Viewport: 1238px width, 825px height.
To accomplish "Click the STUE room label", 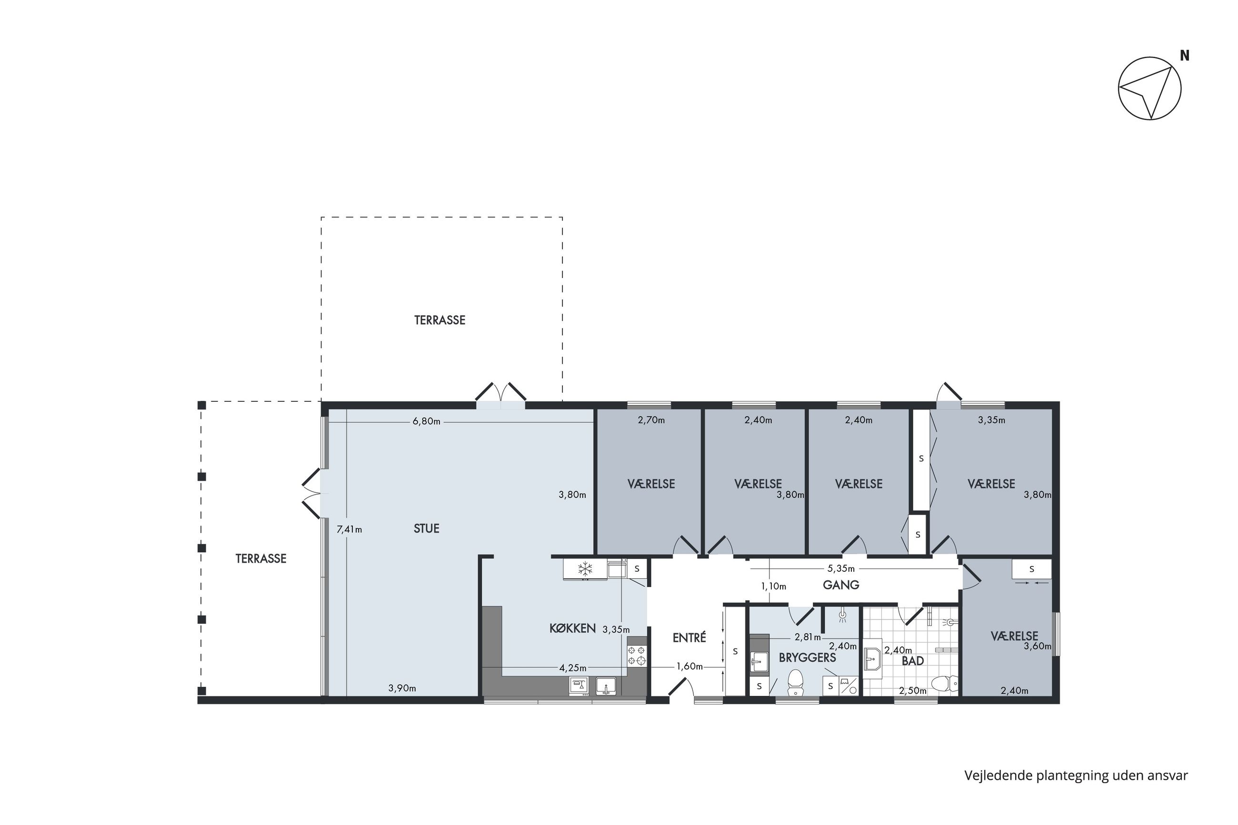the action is (426, 528).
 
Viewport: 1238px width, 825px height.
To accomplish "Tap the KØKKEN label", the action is (572, 628).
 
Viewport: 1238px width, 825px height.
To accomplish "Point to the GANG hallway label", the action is (841, 585).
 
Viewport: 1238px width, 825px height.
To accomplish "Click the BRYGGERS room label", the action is (807, 658).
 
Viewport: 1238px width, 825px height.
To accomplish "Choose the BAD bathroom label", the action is (913, 661).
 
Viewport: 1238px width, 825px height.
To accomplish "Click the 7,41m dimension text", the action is (349, 529).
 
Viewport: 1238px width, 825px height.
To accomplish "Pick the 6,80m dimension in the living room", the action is (426, 421).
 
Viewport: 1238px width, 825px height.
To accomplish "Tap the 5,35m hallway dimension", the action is (841, 569).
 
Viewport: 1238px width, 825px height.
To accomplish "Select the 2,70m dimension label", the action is (651, 420).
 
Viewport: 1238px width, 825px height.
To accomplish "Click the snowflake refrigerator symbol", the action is (585, 569).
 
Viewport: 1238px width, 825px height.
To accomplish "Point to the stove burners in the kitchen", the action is (636, 656).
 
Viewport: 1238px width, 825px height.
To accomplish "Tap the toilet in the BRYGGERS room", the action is (796, 682).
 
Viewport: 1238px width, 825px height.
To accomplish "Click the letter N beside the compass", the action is (1185, 55).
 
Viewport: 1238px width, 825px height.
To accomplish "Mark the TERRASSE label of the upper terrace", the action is (439, 320).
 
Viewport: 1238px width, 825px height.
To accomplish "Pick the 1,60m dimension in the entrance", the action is (689, 666).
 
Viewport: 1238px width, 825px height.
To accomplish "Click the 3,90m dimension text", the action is (402, 688).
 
